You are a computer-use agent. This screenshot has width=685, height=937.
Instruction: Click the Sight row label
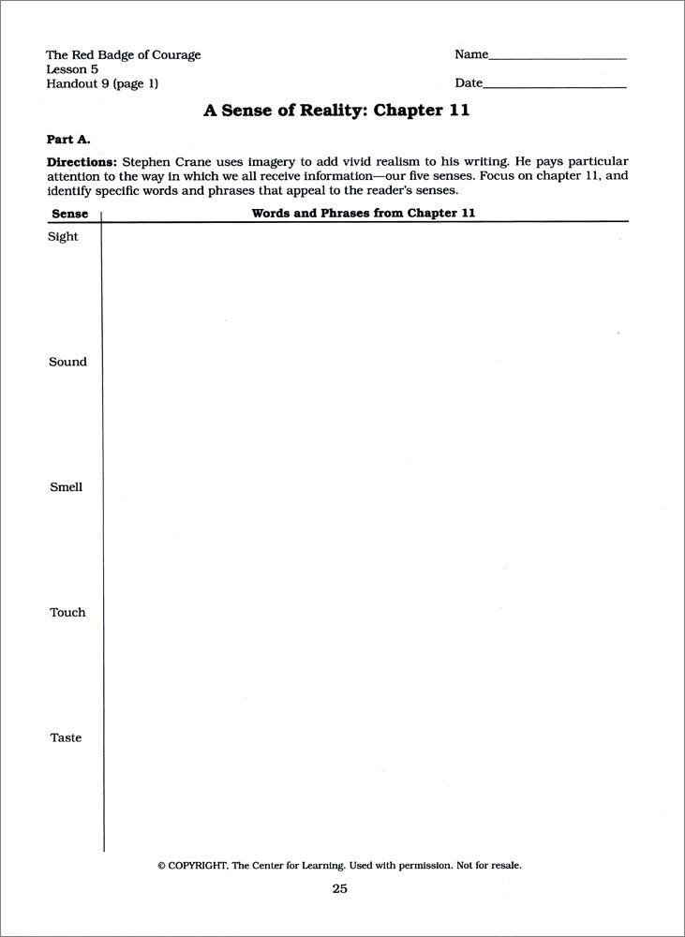[63, 237]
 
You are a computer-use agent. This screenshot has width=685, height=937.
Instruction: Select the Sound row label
[67, 362]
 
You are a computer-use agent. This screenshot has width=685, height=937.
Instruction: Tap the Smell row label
[66, 487]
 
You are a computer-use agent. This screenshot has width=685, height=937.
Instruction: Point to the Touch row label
[67, 612]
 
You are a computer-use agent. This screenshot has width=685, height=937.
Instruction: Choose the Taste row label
[66, 737]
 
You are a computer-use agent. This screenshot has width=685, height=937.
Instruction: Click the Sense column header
[68, 214]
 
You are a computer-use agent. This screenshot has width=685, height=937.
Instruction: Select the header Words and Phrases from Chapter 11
[364, 213]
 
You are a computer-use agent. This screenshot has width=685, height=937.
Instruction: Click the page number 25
[339, 888]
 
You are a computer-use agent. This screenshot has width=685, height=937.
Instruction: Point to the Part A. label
[67, 139]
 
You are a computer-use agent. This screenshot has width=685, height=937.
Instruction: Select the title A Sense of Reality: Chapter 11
[336, 111]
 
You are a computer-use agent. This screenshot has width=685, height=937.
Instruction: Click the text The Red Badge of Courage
[123, 54]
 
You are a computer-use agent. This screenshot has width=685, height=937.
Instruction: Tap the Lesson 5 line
[72, 68]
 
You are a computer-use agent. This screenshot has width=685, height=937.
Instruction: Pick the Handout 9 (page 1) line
[102, 83]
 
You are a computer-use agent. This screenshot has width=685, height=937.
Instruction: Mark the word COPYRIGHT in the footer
[196, 866]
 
